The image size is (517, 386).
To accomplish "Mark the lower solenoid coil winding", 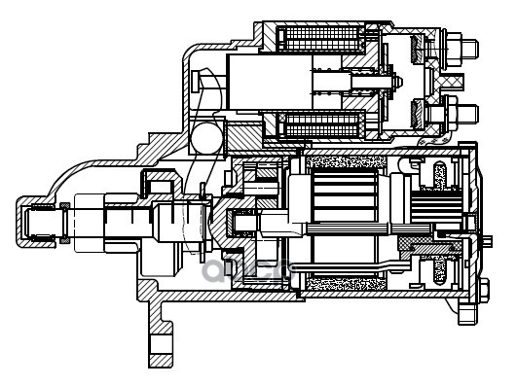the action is (320, 125).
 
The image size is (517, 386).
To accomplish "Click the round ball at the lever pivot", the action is (206, 138).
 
